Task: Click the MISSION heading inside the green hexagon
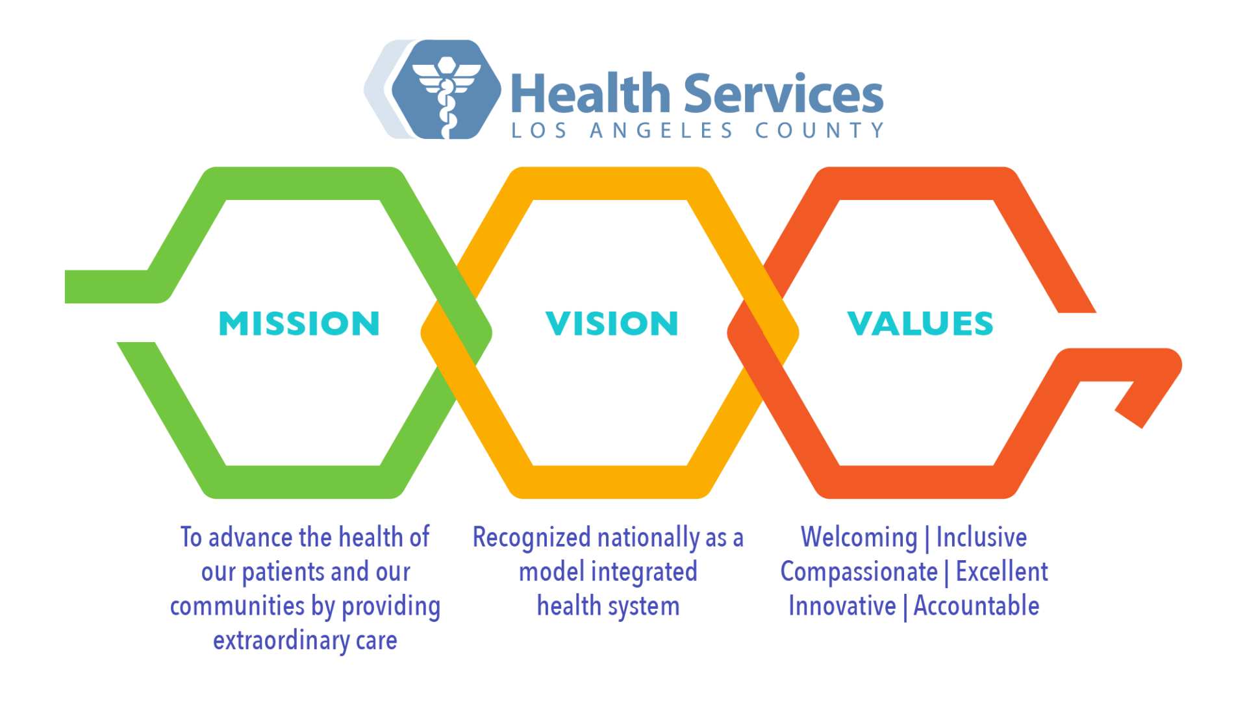pyautogui.click(x=299, y=323)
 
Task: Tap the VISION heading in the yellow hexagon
pyautogui.click(x=612, y=323)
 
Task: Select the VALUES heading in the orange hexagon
pyautogui.click(x=920, y=323)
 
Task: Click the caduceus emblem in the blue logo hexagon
pyautogui.click(x=446, y=91)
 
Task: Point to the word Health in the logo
pyautogui.click(x=590, y=95)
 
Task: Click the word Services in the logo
pyautogui.click(x=783, y=95)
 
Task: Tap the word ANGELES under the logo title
pyautogui.click(x=661, y=130)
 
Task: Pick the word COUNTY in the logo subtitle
pyautogui.click(x=820, y=130)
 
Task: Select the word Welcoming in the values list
pyautogui.click(x=859, y=537)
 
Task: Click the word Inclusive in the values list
pyautogui.click(x=981, y=537)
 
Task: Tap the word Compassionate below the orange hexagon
pyautogui.click(x=859, y=572)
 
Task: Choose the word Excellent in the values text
pyautogui.click(x=1001, y=572)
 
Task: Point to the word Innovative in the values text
pyautogui.click(x=842, y=606)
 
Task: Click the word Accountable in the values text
pyautogui.click(x=976, y=606)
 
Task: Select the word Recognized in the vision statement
pyautogui.click(x=531, y=538)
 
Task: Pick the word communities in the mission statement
pyautogui.click(x=237, y=606)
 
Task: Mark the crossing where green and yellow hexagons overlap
pyautogui.click(x=457, y=333)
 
